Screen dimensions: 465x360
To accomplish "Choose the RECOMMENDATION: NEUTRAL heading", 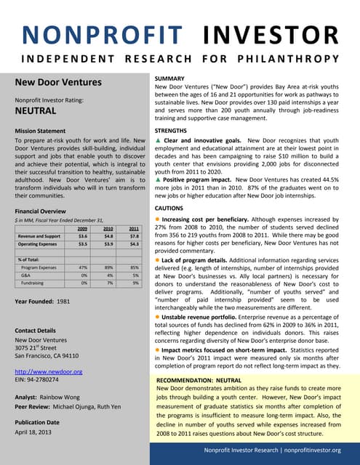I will pyautogui.click(x=199, y=380).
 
